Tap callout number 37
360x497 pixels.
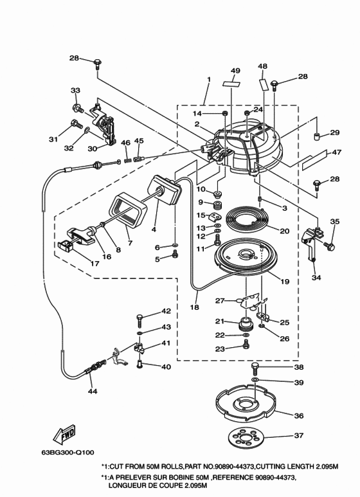click(x=299, y=435)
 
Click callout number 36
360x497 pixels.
click(x=299, y=415)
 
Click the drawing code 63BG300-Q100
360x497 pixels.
click(x=67, y=452)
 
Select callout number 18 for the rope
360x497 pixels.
click(x=195, y=307)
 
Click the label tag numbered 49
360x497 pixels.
click(x=231, y=84)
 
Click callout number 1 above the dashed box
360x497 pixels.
click(x=209, y=79)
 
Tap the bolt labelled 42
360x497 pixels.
click(x=139, y=320)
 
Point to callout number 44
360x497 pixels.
click(x=93, y=391)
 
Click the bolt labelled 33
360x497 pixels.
click(x=77, y=108)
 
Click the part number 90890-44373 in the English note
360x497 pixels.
click(x=235, y=467)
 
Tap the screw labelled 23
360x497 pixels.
click(x=246, y=343)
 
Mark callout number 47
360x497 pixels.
click(x=337, y=152)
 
